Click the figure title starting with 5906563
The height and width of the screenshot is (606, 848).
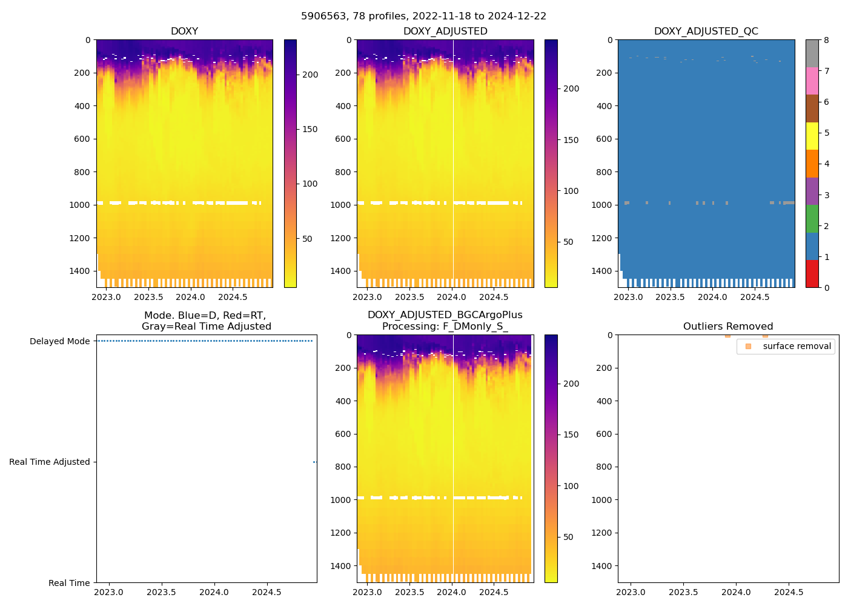(423, 16)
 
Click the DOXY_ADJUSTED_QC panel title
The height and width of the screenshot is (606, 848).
(706, 32)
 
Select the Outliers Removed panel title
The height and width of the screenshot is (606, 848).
(728, 327)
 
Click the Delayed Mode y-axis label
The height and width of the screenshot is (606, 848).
(59, 341)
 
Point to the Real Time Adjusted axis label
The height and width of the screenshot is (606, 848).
(50, 462)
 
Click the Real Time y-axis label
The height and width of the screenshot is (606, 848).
(69, 583)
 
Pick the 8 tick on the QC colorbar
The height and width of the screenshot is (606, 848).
(826, 40)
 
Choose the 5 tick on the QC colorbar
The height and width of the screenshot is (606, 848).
(826, 133)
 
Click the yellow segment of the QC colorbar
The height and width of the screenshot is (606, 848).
(812, 136)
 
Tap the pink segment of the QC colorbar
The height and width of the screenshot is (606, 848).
(812, 81)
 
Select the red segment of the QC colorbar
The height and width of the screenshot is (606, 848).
(812, 273)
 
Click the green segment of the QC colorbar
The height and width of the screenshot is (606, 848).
(812, 218)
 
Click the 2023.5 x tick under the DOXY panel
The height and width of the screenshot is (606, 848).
(148, 297)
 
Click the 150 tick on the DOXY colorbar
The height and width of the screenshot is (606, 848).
(310, 129)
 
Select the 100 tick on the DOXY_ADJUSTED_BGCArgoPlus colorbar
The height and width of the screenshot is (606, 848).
(571, 486)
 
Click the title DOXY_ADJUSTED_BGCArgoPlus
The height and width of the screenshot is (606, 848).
(445, 315)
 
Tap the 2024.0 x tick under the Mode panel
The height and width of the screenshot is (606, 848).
(214, 592)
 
